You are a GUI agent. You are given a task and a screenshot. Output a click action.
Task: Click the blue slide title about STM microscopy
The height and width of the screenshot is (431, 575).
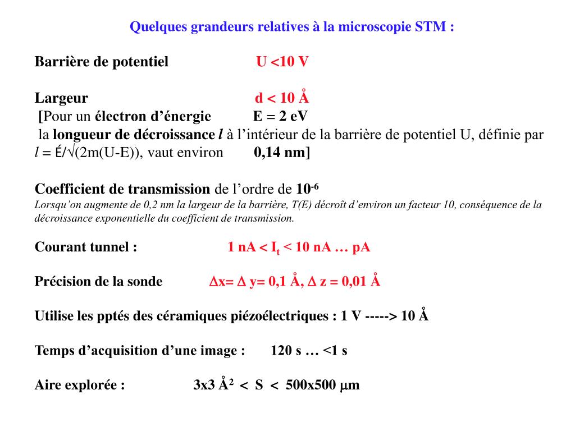click(x=291, y=27)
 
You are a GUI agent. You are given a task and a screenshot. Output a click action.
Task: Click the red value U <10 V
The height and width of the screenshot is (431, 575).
click(x=282, y=62)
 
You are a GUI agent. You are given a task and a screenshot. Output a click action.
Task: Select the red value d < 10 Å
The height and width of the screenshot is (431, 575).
click(x=282, y=99)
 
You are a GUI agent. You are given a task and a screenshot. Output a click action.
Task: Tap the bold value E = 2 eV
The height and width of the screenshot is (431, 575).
click(x=280, y=117)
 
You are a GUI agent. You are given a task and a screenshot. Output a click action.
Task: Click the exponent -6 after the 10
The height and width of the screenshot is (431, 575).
click(x=315, y=185)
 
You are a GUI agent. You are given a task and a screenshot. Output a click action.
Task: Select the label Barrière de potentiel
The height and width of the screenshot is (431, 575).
click(x=102, y=62)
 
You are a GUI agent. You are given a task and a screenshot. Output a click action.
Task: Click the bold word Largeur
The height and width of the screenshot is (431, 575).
click(x=61, y=99)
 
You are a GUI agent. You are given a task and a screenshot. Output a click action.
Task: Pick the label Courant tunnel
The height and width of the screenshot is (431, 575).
click(x=86, y=247)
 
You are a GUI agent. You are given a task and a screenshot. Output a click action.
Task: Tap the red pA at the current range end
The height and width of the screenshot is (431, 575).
click(x=361, y=247)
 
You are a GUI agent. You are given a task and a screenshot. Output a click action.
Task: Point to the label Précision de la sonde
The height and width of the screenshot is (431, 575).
click(x=99, y=282)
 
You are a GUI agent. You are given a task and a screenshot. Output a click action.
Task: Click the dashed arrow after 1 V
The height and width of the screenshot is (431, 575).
click(x=381, y=316)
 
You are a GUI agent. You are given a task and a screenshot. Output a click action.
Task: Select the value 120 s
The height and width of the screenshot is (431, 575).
click(x=286, y=351)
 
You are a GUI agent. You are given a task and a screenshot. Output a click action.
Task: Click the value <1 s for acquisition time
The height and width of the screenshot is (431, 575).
click(x=335, y=351)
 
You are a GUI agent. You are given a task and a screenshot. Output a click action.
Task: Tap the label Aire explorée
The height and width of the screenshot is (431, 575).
click(x=80, y=385)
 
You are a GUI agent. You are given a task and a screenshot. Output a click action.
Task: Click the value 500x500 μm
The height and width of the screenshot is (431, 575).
click(x=322, y=385)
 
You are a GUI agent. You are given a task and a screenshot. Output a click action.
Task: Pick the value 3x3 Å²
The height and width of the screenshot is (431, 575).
click(x=213, y=385)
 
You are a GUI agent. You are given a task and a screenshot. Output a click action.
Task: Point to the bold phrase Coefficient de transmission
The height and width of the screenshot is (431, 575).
click(x=122, y=189)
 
